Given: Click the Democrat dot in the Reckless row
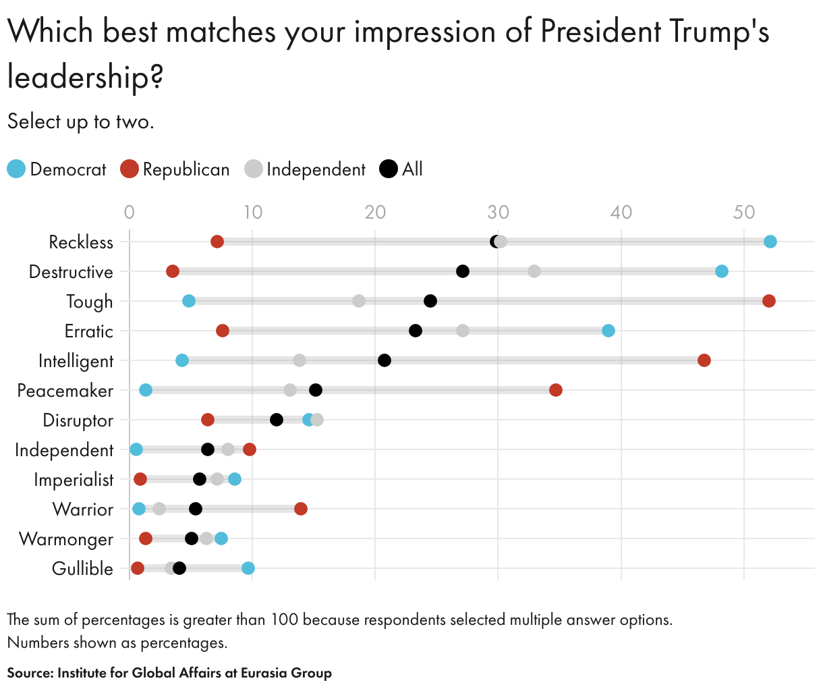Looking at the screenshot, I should (770, 242).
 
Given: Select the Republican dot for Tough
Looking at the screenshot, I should (768, 301).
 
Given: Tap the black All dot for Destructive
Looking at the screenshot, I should (462, 271).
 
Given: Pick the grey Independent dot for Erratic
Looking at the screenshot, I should (462, 331).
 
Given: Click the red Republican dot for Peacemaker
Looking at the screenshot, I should (555, 390).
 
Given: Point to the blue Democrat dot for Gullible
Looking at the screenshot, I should (248, 568).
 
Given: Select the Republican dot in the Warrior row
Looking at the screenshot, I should (300, 509).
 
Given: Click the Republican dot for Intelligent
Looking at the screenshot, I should (704, 360).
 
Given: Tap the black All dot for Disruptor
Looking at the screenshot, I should (276, 420).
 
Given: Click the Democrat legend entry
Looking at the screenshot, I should (57, 169).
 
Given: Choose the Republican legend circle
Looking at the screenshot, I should (129, 169).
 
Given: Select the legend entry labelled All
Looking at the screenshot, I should (401, 169).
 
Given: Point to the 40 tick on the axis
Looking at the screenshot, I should (621, 213).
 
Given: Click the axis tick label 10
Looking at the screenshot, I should (252, 213).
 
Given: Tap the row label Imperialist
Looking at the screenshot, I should (74, 480).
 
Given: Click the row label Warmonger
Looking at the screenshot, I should (66, 539).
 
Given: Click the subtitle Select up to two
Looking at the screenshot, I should (81, 122).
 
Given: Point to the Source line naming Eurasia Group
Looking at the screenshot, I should (169, 673).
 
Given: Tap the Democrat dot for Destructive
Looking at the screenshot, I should (721, 271).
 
